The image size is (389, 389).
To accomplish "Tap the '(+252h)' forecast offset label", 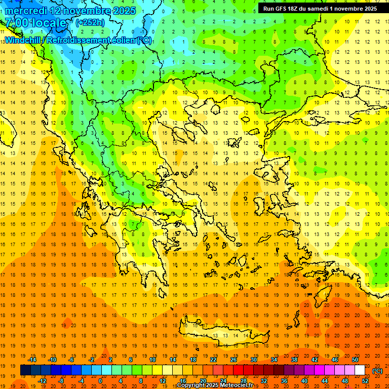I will click(90, 22).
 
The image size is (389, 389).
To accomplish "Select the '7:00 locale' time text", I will click(35, 23).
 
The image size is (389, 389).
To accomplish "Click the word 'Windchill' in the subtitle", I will click(22, 40).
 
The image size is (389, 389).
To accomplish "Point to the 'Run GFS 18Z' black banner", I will click(320, 8).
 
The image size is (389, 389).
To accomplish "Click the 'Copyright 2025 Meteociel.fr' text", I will click(215, 385).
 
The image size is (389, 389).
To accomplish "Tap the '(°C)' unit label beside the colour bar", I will click(377, 371).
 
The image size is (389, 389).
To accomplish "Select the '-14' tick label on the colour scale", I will click(32, 360).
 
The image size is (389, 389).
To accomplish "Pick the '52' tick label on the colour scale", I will click(365, 381).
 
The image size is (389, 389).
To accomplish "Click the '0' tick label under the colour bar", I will click(100, 381).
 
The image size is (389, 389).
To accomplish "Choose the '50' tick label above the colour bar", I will click(355, 360).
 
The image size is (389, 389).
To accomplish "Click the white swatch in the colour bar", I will click(360, 370).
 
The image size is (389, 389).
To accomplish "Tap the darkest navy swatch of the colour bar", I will click(26, 370).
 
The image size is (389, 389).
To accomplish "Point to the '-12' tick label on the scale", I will click(42, 381).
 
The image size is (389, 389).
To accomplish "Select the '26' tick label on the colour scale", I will click(234, 360).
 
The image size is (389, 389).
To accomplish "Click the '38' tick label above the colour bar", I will click(294, 360).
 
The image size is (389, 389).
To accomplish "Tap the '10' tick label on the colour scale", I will click(152, 360).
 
